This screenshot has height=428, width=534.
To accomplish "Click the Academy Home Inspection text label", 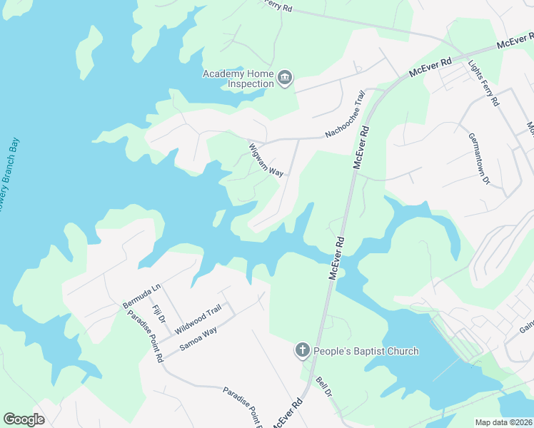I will pyautogui.click(x=238, y=78).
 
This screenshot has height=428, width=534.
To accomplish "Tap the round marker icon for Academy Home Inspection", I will pyautogui.click(x=285, y=78).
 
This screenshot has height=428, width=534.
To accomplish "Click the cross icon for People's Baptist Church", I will pyautogui.click(x=302, y=350).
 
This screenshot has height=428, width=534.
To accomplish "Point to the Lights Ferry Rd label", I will pyautogui.click(x=483, y=83).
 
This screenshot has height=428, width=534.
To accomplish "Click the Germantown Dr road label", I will pyautogui.click(x=478, y=159).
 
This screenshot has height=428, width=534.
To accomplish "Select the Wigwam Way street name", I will pyautogui.click(x=266, y=160).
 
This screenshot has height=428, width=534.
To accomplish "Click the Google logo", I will pyautogui.click(x=24, y=419).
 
